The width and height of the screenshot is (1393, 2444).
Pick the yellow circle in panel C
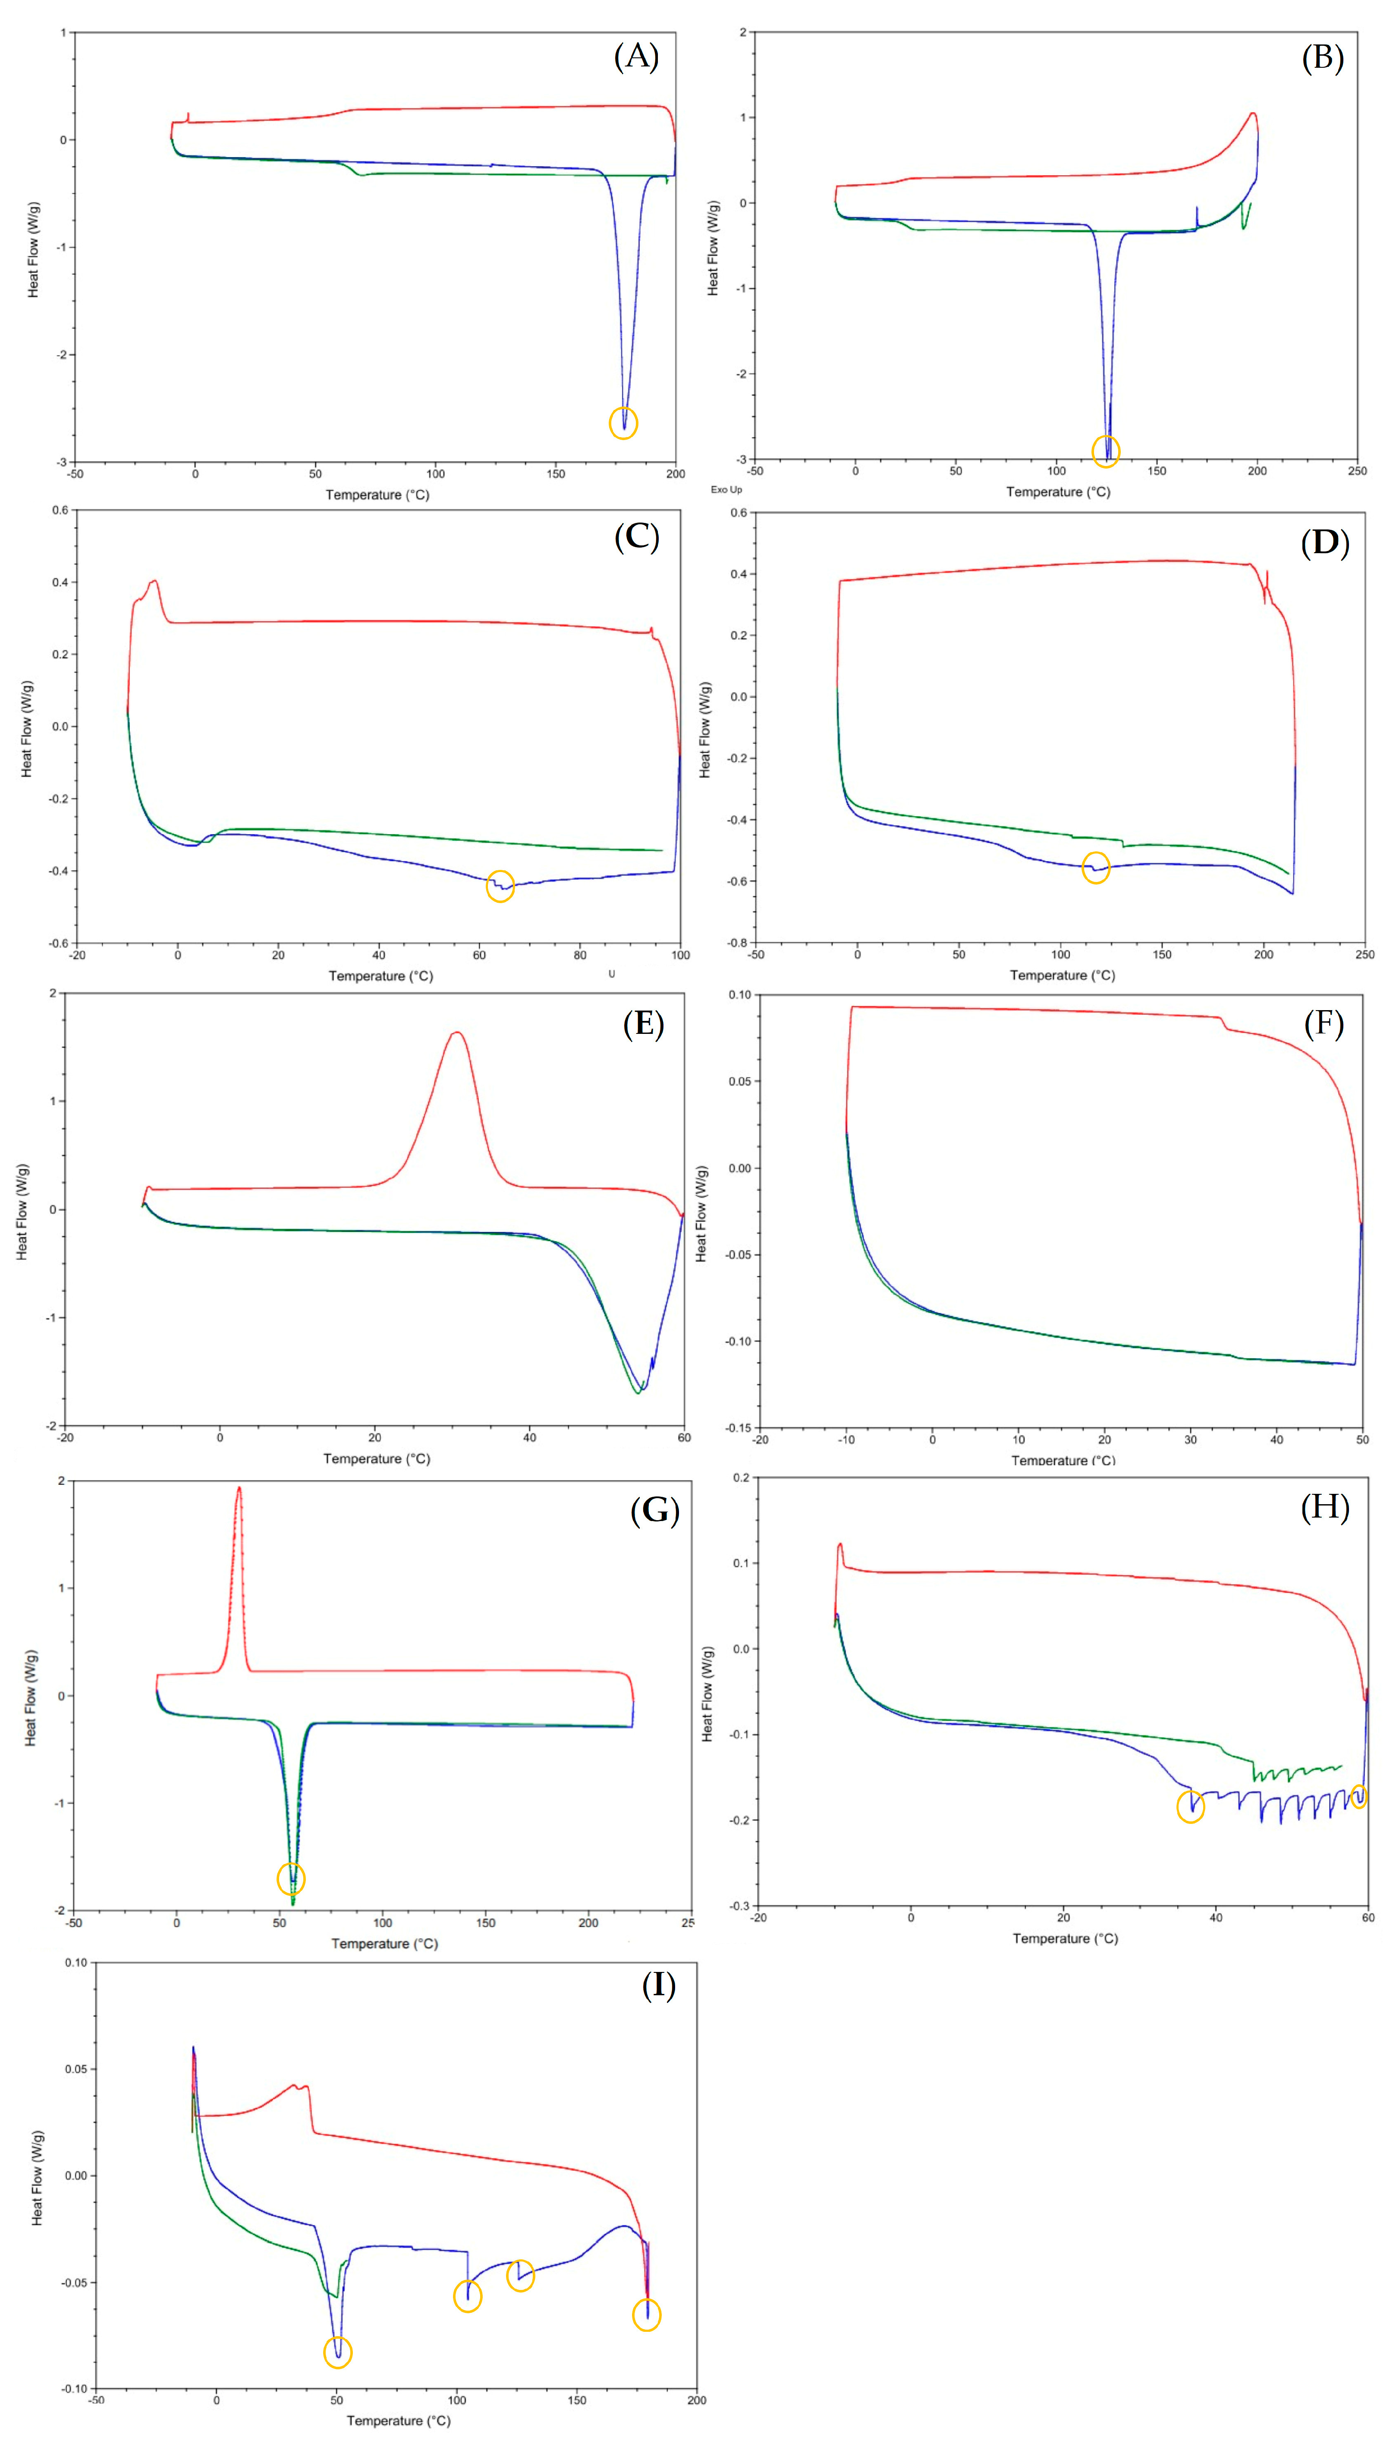(500, 886)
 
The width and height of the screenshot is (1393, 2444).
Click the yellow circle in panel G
(291, 1878)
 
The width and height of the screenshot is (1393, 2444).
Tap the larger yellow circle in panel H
(1190, 1807)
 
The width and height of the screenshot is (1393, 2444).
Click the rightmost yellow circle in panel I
(647, 2315)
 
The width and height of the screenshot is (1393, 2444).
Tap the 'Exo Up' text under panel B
(726, 489)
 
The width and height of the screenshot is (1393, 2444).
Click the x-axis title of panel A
(377, 495)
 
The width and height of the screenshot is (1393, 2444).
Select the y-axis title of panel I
(37, 2177)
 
